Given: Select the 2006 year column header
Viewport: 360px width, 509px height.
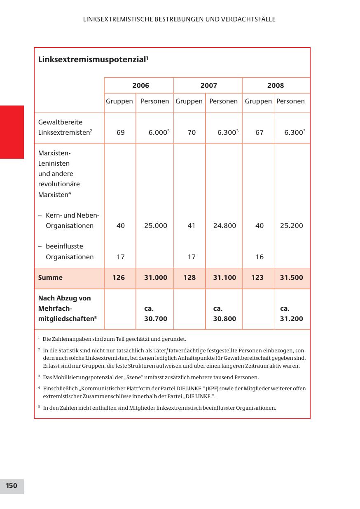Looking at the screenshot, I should (x=140, y=86).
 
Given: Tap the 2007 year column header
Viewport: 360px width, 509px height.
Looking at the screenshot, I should (x=209, y=86).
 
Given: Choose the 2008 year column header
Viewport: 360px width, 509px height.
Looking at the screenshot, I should (x=276, y=86).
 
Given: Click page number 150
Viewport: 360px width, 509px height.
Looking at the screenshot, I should (x=12, y=486).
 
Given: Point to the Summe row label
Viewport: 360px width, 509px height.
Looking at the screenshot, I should (x=50, y=278).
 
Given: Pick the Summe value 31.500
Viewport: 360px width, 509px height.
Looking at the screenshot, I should (x=291, y=278).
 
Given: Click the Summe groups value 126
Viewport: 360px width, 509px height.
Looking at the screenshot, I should (x=119, y=278).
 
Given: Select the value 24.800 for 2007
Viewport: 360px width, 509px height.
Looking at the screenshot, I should (x=224, y=226).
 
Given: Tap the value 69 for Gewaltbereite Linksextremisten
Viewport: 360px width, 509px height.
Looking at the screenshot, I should (x=120, y=133).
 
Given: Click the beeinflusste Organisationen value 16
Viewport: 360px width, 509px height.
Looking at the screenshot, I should (x=259, y=257).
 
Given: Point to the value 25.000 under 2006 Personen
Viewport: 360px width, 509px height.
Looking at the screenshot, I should (x=156, y=226).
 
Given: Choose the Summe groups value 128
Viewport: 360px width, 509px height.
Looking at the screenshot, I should (x=189, y=278).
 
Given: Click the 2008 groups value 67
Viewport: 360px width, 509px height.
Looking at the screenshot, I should (x=259, y=133).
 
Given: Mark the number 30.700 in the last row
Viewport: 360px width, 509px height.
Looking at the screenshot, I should (x=156, y=319).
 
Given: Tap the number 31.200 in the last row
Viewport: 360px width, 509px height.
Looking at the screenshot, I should (x=291, y=319).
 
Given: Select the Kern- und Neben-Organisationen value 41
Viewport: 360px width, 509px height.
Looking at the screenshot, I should (x=191, y=226).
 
